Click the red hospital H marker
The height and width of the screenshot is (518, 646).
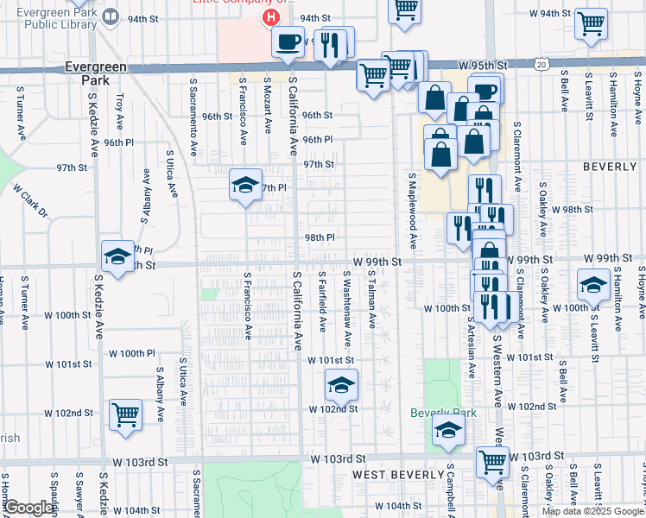pyautogui.click(x=271, y=17)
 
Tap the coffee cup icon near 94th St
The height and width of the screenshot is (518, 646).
pyautogui.click(x=288, y=41)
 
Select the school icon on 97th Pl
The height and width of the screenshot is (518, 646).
pyautogui.click(x=245, y=185)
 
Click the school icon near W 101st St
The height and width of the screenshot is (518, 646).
pyautogui.click(x=341, y=385)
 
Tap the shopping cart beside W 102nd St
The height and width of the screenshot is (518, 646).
pyautogui.click(x=126, y=414)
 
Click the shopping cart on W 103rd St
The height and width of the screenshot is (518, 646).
pyautogui.click(x=491, y=461)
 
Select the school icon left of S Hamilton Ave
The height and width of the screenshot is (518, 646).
pyautogui.click(x=593, y=285)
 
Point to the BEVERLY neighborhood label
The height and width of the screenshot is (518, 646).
pyautogui.click(x=610, y=165)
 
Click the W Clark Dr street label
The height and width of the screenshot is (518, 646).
pyautogui.click(x=29, y=200)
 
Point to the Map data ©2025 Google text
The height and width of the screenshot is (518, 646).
pyautogui.click(x=592, y=511)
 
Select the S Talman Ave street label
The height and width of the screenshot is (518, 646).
pyautogui.click(x=372, y=298)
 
